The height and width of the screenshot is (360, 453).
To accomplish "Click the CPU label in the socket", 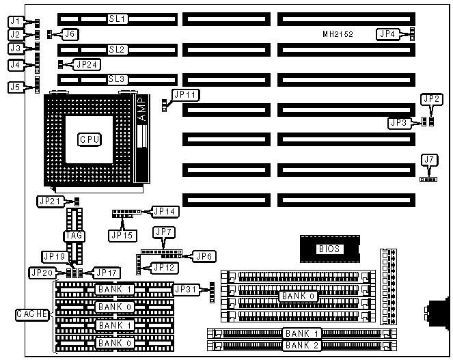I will tap(90, 139).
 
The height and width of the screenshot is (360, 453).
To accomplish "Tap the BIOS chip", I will tap(329, 249).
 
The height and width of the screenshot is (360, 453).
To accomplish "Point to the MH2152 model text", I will tap(338, 33).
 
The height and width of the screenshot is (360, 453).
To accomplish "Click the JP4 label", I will tap(387, 33).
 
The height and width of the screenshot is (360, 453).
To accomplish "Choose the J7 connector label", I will tap(429, 161).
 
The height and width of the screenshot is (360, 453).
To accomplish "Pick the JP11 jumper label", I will tap(184, 96).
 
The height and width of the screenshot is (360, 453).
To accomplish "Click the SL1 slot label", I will tap(118, 19).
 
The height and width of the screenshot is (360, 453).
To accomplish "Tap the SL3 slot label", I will tap(118, 79).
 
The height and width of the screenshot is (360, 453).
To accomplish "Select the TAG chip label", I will tap(74, 236).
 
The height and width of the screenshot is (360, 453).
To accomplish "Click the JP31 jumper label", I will tap(186, 290).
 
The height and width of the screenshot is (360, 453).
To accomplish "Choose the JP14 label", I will tap(165, 212).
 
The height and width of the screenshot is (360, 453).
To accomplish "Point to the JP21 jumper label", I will tap(51, 201).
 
